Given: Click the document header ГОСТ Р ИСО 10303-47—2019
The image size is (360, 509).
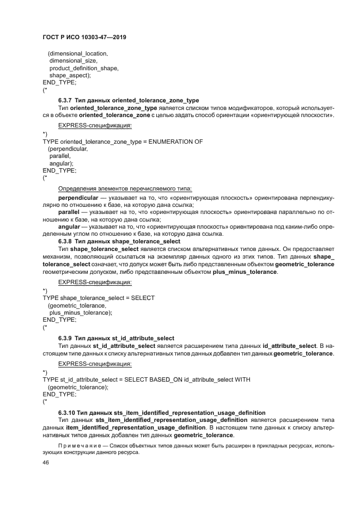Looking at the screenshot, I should (88, 37).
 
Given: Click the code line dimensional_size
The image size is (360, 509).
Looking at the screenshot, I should (73, 61).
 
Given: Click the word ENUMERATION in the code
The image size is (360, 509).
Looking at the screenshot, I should (180, 142).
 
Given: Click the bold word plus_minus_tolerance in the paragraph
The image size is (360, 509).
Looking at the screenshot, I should (245, 272).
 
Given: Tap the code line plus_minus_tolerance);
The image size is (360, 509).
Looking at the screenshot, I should (81, 313).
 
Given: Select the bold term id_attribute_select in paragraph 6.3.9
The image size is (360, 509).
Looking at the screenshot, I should (289, 346).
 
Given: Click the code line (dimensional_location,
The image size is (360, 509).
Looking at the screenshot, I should (78, 54).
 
